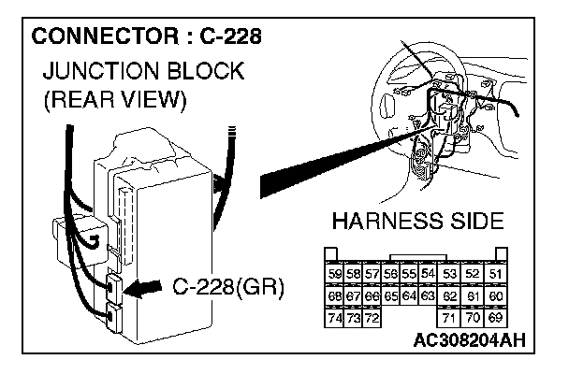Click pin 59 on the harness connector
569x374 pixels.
click(334, 273)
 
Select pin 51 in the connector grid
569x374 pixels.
click(496, 273)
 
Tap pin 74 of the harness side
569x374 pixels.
click(334, 318)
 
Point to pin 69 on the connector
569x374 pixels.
click(496, 318)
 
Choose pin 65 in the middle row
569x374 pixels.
click(391, 295)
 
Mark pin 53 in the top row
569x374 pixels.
click(449, 273)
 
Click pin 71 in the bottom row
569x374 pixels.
click(449, 318)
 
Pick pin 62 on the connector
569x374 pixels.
click(449, 295)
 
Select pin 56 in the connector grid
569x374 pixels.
click(391, 273)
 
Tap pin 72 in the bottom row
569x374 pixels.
click(371, 318)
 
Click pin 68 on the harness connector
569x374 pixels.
click(334, 295)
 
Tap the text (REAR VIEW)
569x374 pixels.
click(113, 98)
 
